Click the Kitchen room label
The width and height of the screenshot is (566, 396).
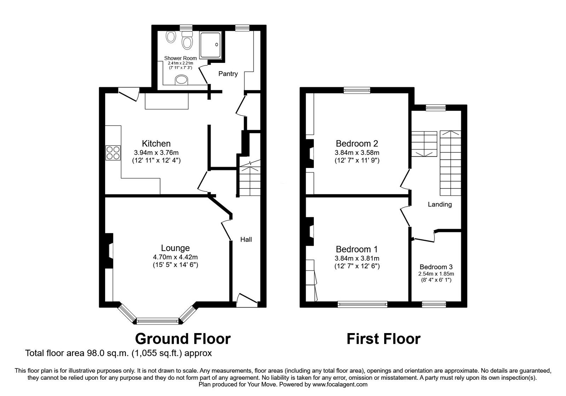[156, 144]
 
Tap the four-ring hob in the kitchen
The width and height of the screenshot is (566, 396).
[113, 153]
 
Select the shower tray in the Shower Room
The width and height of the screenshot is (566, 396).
[211, 45]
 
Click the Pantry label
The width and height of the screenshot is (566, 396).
[228, 74]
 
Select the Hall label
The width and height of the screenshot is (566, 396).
[246, 239]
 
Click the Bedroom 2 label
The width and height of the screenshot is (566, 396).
[357, 144]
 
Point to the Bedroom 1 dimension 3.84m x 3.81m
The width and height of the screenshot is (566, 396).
[357, 258]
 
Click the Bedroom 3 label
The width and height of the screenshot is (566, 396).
[436, 267]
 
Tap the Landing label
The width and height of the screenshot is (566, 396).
[440, 204]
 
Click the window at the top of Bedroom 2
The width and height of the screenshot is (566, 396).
[357, 91]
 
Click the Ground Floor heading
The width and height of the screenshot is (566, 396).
[183, 339]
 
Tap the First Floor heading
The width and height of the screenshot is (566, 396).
[383, 339]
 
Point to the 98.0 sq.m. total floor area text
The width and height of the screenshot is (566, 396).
[119, 353]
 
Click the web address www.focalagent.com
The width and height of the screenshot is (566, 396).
[340, 384]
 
